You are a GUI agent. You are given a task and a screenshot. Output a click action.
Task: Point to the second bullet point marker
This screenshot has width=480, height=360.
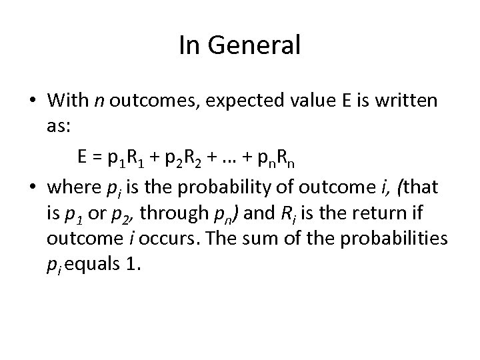[32, 189]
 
